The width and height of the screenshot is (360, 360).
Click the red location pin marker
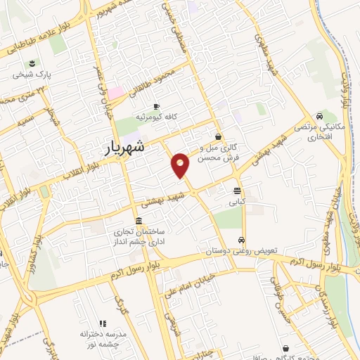tap(181, 165)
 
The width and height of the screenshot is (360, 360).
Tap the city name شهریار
tap(124, 148)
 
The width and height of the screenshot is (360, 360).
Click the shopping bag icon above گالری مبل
tap(219, 136)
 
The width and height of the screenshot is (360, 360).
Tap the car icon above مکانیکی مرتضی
tap(320, 116)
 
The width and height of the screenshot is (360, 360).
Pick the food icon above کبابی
tap(238, 190)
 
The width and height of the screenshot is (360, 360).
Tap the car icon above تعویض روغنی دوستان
tap(241, 239)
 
